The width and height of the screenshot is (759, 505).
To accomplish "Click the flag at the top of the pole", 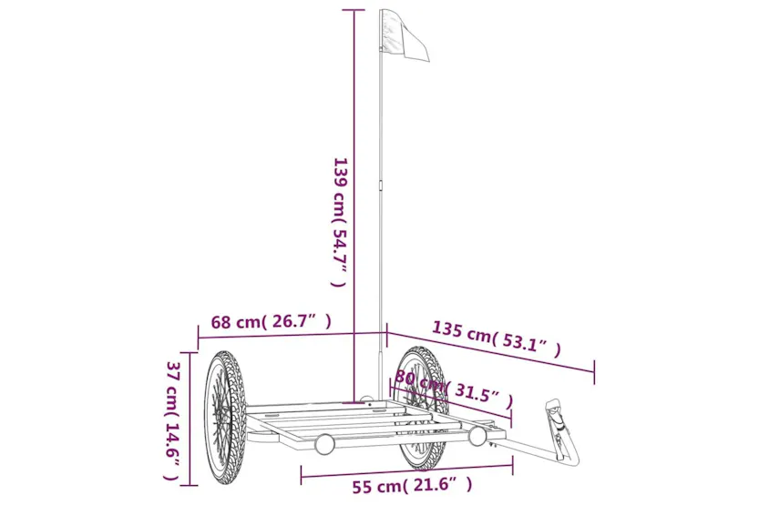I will point(405,35).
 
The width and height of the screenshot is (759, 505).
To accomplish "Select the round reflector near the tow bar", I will point(477,436).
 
